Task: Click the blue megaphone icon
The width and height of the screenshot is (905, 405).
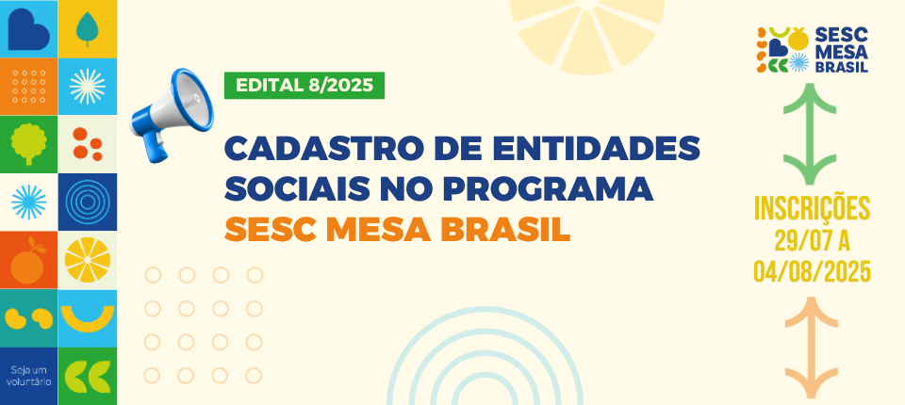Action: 172,116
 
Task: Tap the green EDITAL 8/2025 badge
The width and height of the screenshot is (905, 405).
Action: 304,86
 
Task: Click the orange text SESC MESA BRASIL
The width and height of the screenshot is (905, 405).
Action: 397,230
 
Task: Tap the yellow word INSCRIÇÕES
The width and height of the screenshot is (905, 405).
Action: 812,208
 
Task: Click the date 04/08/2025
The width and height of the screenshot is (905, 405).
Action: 812,271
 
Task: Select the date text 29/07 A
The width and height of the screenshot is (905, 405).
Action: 812,240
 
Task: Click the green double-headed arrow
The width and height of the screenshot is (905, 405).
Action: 810,134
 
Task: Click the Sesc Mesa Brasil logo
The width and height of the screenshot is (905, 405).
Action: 813,50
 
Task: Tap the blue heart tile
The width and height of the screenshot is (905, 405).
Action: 29,29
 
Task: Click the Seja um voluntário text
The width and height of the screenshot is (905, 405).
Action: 29,376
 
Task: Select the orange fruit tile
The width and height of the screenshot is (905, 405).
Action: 29,260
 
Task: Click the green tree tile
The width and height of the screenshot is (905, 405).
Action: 29,144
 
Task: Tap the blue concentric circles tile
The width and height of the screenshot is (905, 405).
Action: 87,202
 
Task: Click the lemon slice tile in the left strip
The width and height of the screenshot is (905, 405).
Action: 87,260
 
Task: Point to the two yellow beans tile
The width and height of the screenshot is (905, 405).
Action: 29,318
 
